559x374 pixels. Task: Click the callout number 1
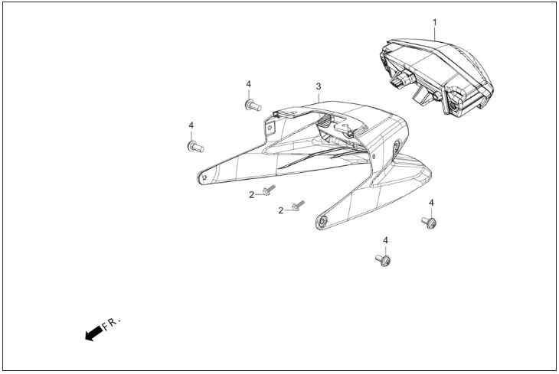pos(435,22)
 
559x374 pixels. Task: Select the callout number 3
pos(319,86)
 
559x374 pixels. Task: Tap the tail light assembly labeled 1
pos(436,76)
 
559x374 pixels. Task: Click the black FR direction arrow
pos(94,333)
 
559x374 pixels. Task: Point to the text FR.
pos(112,323)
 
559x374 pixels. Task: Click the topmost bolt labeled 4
pos(253,105)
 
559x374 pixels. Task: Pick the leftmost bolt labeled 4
pos(195,146)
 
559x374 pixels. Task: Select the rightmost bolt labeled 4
pos(429,223)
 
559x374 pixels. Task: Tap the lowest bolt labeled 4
pos(383,260)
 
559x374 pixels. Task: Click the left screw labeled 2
pos(269,190)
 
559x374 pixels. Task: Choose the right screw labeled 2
pos(298,205)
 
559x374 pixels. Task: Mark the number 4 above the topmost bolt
pos(248,84)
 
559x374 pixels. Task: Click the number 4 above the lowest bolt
pos(385,241)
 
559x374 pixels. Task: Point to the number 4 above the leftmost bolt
pos(191,125)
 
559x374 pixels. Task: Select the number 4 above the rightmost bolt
pos(431,203)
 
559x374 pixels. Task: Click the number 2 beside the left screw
pos(252,195)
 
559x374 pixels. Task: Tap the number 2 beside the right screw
pos(281,211)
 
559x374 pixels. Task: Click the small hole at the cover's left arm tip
pos(204,177)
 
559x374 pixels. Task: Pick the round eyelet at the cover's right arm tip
pos(322,223)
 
